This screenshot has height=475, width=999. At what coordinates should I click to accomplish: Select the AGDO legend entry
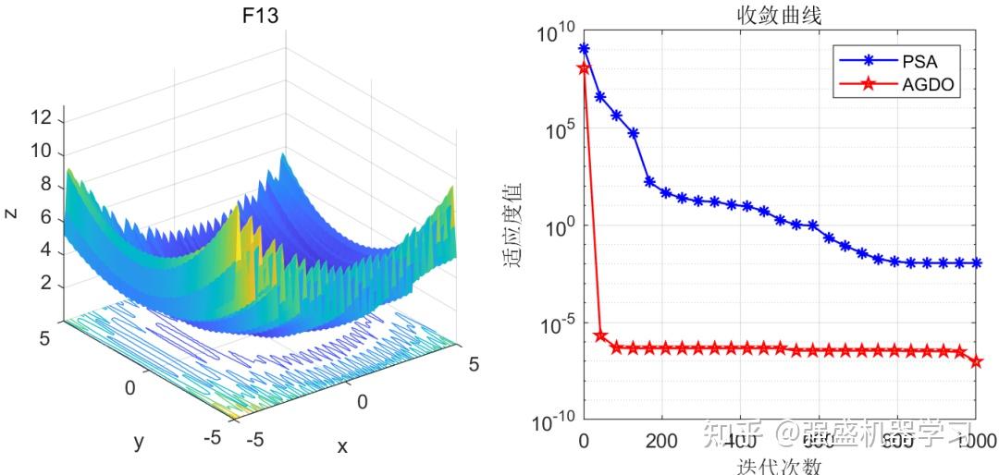click(928, 85)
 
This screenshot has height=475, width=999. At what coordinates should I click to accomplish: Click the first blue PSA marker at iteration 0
click(584, 48)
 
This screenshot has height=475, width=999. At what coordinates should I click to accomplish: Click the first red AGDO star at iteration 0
click(584, 67)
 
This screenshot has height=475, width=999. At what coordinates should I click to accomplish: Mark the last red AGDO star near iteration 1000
click(977, 361)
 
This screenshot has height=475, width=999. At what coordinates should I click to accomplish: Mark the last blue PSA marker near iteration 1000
click(977, 262)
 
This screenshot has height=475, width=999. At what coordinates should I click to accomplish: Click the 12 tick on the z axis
click(41, 118)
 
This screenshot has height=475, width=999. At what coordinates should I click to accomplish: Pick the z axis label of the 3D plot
click(10, 213)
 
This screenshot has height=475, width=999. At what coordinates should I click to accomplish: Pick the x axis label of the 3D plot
click(341, 447)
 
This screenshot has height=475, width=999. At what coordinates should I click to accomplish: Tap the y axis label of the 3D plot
click(138, 442)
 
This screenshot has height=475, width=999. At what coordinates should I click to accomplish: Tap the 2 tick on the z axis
click(45, 284)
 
